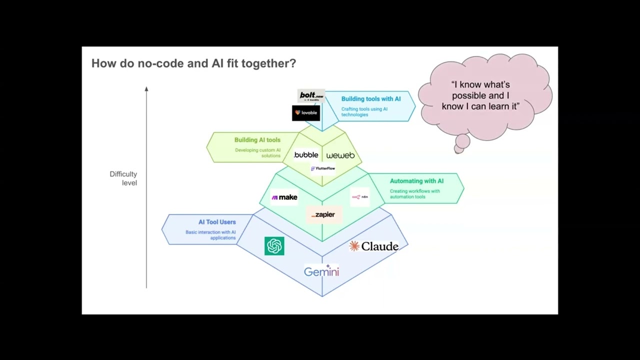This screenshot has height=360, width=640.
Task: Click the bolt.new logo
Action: click(311, 96)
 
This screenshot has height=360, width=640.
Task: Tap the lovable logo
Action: click(305, 113)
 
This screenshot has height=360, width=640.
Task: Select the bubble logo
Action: click(306, 155)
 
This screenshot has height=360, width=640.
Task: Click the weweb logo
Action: click(340, 155)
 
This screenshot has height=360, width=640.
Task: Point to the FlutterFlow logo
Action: click(323, 168)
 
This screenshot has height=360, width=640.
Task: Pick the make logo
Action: click(284, 197)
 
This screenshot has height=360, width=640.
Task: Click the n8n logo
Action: click(360, 197)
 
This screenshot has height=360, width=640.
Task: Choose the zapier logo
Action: click(323, 214)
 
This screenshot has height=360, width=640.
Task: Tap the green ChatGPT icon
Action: click(274, 246)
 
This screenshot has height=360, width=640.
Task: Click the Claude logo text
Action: click(379, 246)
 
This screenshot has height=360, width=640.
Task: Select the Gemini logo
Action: click(321, 271)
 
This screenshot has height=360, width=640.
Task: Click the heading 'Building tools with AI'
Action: click(370, 99)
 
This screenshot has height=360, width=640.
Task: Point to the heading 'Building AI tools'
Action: click(257, 140)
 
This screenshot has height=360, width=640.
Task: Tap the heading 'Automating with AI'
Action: click(416, 181)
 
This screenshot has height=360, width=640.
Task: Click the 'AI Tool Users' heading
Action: click(217, 222)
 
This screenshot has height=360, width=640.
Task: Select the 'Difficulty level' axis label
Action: click(123, 178)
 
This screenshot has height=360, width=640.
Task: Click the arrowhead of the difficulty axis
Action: click(146, 89)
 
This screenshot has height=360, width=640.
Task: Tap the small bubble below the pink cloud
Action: click(462, 142)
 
